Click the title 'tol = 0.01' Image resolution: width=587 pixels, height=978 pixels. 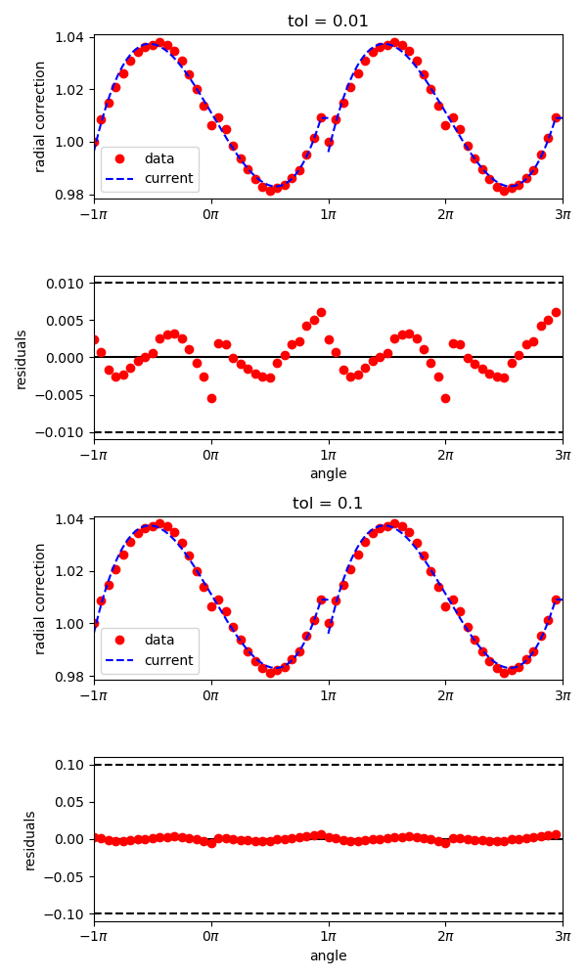coord(328,22)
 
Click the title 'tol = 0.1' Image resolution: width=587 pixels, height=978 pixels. coord(328,504)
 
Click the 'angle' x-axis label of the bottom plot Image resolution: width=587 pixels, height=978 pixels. coord(328,956)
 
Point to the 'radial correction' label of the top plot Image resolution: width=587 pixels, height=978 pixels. coord(40,116)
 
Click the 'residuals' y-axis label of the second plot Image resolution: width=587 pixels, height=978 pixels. coord(22,359)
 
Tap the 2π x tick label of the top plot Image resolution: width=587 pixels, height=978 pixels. coord(445,214)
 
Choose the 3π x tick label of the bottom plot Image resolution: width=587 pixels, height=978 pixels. coord(563,936)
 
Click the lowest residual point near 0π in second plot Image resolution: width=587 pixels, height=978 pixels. coord(211,398)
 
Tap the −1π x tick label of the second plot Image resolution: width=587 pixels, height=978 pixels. coord(94,455)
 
